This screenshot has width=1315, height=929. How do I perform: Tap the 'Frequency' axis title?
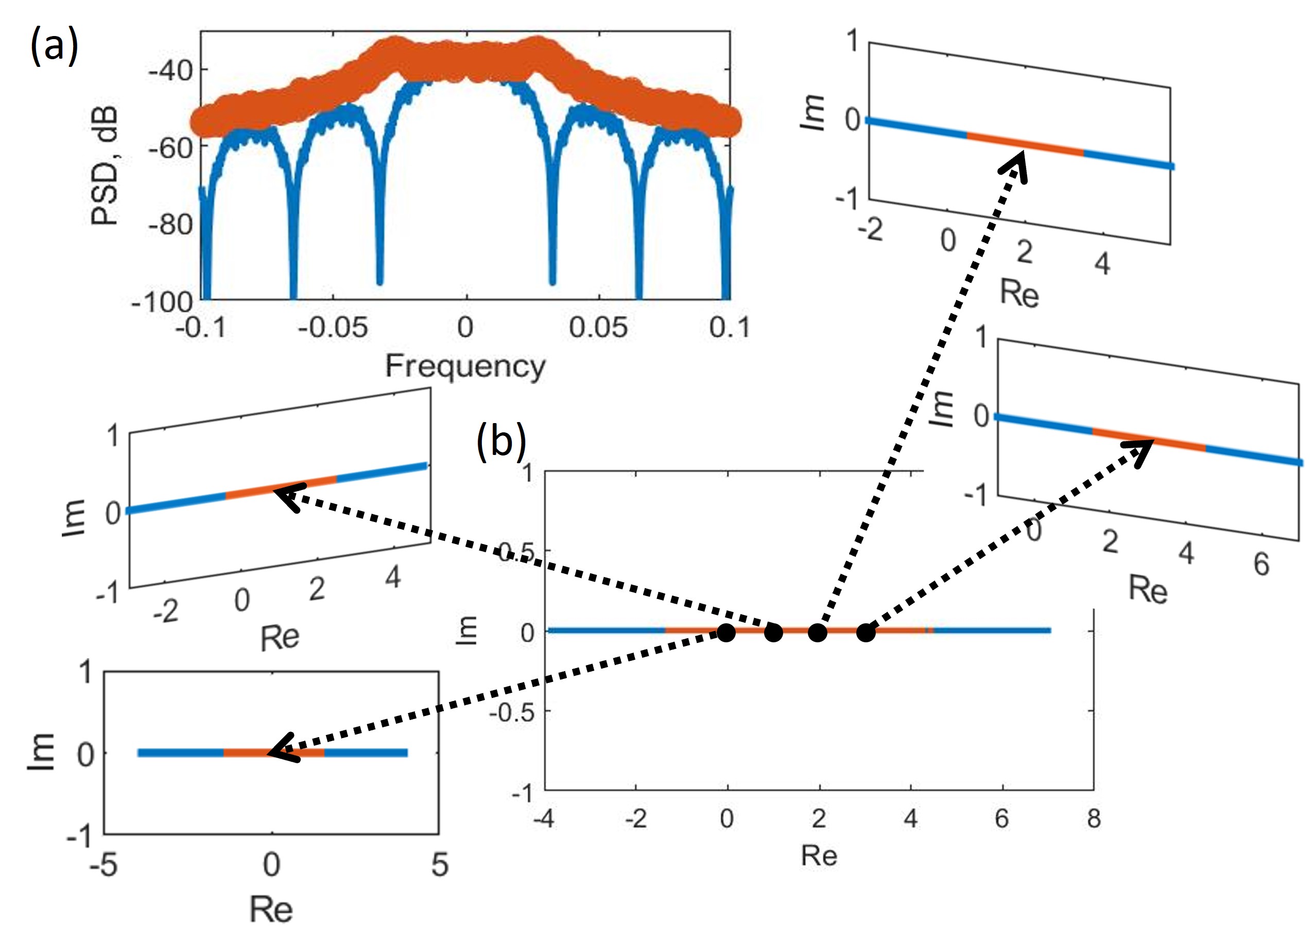pos(465,366)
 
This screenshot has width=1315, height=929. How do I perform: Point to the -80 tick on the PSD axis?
pos(170,224)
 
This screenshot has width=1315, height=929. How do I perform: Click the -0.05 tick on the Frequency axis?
pos(333,328)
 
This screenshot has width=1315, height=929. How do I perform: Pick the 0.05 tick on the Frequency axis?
pos(598,328)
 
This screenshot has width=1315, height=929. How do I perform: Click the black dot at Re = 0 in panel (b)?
pos(726,633)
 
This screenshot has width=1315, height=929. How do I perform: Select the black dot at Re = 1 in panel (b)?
pos(773,633)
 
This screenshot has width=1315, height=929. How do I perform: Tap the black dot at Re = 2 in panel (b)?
pos(817,633)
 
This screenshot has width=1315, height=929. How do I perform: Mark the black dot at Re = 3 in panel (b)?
pos(866,633)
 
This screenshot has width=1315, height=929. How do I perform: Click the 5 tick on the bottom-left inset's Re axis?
pos(439,865)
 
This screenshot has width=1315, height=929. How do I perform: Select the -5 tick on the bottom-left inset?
pos(103,865)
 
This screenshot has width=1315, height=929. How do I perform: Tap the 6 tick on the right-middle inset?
pos(1261,565)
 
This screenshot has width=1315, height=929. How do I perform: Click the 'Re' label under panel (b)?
pos(819,857)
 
